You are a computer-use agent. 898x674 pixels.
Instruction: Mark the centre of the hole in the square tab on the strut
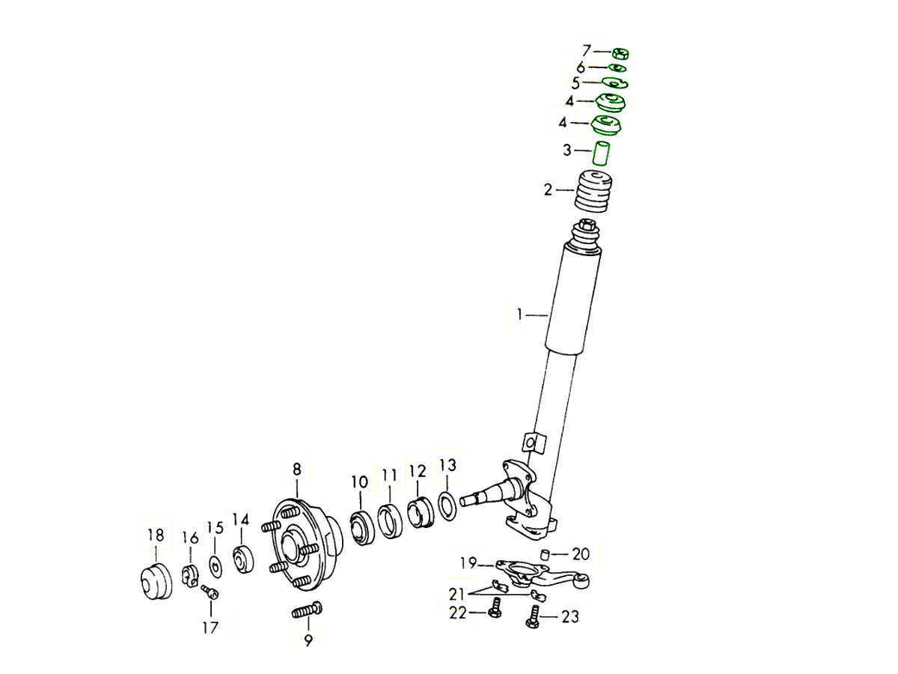531,443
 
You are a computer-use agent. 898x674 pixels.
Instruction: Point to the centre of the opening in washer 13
448,506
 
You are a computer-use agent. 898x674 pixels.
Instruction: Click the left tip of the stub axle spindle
461,501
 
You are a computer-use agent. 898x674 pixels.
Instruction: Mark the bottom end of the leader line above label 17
211,616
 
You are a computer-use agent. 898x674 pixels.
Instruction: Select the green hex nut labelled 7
620,54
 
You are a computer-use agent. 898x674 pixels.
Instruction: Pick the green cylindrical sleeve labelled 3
601,154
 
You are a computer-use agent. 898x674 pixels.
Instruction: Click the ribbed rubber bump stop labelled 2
593,192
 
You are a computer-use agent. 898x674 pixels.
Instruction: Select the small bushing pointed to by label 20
545,555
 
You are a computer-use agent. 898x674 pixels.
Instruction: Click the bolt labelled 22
495,607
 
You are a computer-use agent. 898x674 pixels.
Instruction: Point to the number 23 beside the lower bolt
571,616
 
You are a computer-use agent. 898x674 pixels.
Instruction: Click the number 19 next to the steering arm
468,563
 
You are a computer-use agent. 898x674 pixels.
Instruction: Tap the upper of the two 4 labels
570,100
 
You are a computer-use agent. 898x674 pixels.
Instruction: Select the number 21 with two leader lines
457,593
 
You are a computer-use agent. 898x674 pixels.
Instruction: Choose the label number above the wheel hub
297,469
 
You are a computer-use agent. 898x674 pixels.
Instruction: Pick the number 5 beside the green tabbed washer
575,83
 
